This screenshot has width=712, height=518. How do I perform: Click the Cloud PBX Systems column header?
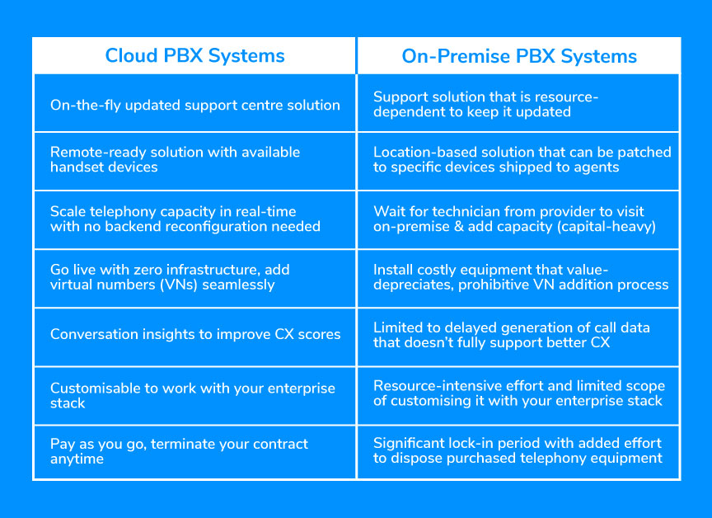click(194, 56)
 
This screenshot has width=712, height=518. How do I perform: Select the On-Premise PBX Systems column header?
click(519, 56)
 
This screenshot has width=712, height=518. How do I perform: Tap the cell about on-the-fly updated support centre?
click(194, 105)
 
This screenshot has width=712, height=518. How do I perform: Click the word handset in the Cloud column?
click(76, 167)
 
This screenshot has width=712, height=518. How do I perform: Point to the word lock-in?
click(478, 444)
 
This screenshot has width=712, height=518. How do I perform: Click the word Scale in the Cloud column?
click(68, 211)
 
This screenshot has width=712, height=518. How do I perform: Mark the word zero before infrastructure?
click(150, 270)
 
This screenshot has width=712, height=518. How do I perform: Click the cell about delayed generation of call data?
click(518, 334)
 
